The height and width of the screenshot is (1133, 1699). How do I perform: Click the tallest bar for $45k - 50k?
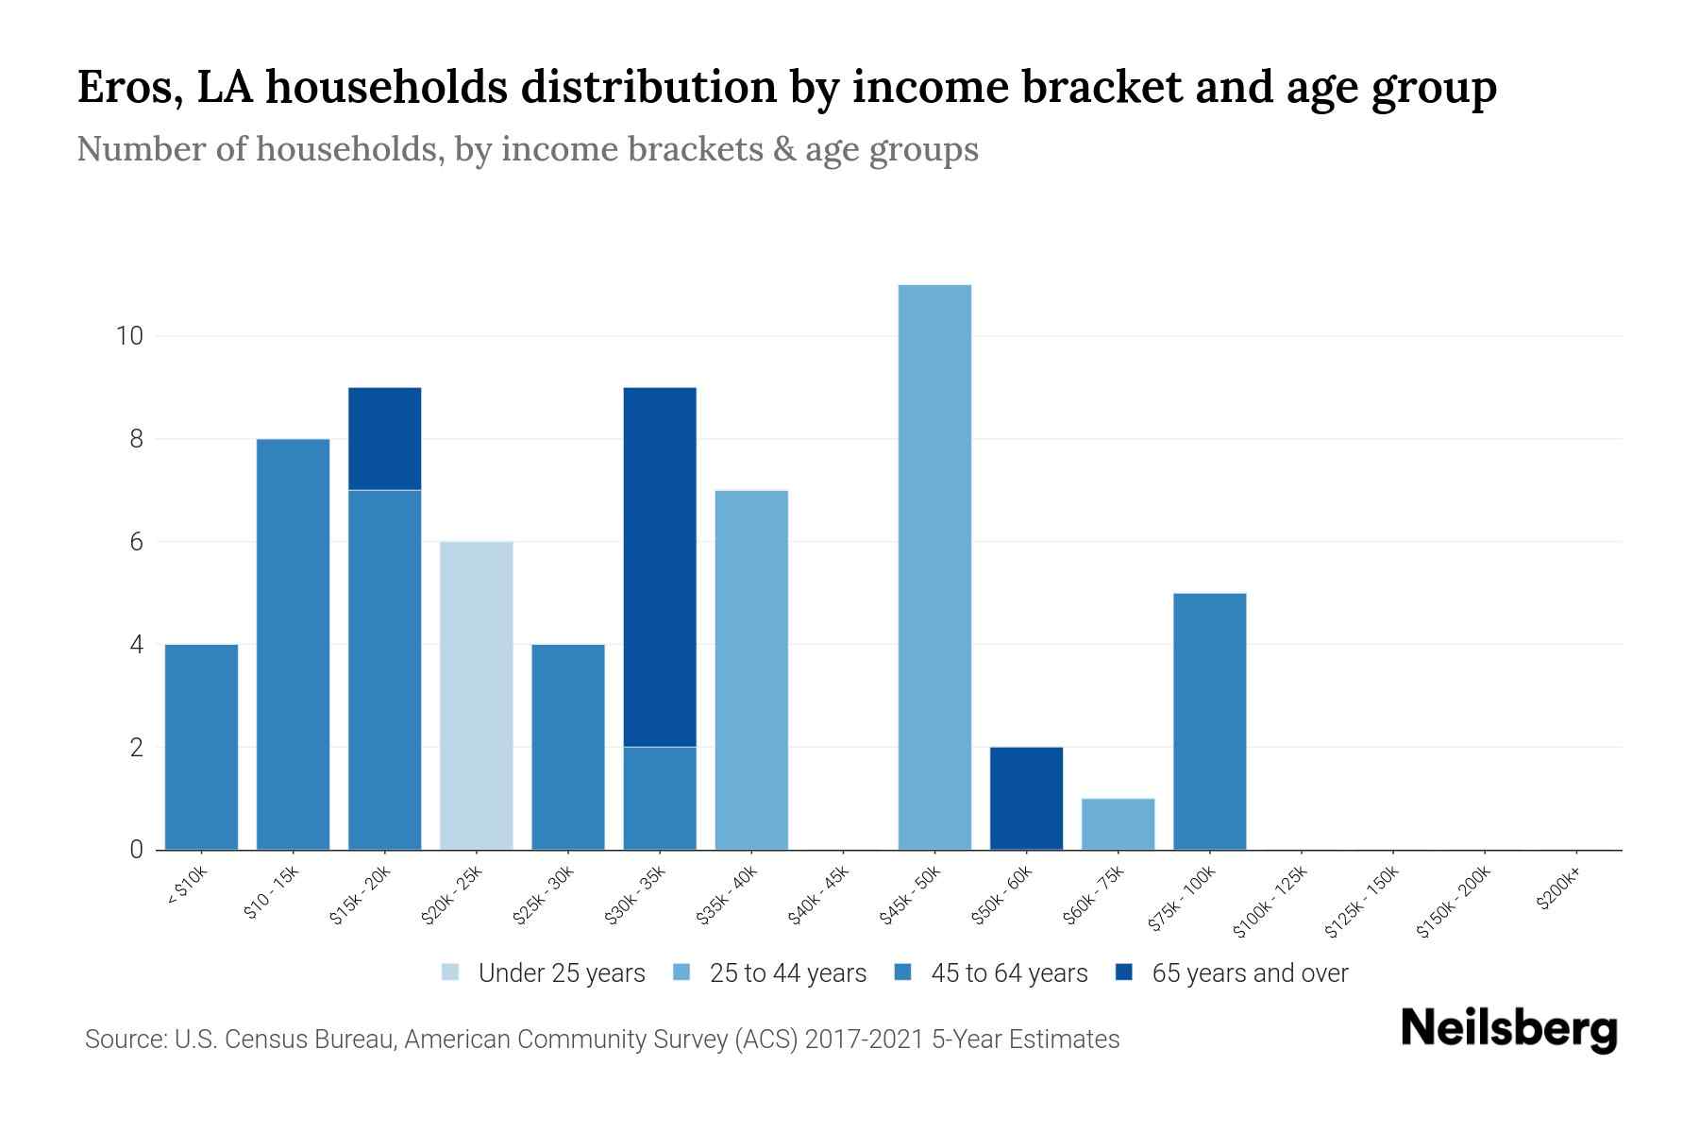(934, 566)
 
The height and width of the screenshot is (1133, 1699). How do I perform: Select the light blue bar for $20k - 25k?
(477, 696)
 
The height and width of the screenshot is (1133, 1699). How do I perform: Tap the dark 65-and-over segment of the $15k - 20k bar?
(385, 438)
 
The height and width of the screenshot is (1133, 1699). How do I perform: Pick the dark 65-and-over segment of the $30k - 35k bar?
(660, 566)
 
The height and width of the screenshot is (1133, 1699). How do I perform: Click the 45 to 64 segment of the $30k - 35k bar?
(660, 799)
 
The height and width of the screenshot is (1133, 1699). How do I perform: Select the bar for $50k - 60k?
(1026, 799)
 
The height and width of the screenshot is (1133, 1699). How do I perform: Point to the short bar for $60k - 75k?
(1118, 824)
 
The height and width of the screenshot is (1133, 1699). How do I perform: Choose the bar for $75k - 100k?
(1209, 721)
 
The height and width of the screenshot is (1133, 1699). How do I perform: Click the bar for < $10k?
(201, 747)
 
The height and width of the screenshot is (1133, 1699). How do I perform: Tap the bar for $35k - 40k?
(751, 670)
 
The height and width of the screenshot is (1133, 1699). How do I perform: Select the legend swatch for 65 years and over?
(1123, 972)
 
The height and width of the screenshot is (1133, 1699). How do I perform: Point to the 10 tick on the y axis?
(128, 336)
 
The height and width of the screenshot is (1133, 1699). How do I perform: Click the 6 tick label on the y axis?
(136, 542)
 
